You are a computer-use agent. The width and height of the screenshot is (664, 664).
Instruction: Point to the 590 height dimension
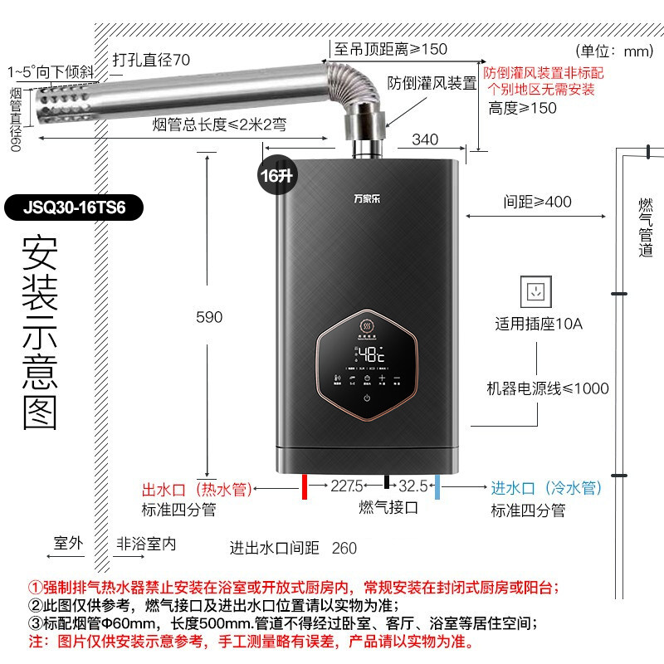(x=209, y=316)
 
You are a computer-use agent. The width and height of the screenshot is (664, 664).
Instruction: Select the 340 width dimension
(x=425, y=138)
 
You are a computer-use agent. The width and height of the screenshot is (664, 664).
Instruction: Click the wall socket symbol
(x=536, y=290)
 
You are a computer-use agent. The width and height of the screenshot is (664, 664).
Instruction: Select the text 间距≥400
(x=537, y=202)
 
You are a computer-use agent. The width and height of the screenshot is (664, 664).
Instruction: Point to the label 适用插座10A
(x=539, y=324)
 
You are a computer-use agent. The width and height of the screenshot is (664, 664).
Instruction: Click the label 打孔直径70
(x=151, y=60)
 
